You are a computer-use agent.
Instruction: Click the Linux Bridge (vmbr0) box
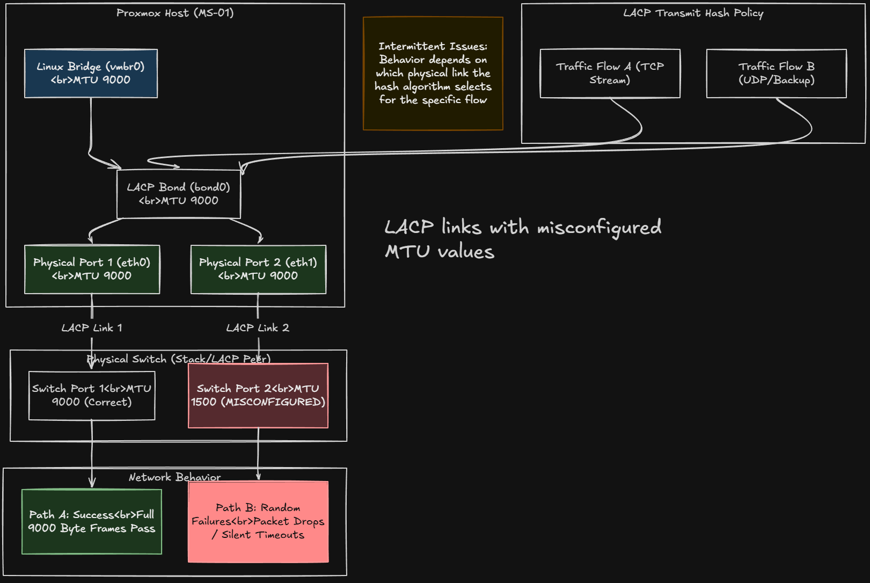point(91,74)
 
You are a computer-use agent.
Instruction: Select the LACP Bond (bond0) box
point(178,194)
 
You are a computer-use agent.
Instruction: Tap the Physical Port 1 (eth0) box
point(92,269)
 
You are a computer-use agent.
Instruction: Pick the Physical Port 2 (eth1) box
point(258,269)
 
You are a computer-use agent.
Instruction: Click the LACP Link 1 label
point(92,328)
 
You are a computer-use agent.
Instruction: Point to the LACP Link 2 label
point(258,328)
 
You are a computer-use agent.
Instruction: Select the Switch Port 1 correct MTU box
point(92,396)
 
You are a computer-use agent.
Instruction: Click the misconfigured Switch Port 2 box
point(258,396)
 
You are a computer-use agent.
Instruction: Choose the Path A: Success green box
point(92,521)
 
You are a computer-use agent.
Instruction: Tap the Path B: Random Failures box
point(258,521)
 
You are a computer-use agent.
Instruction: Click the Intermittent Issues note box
point(433,74)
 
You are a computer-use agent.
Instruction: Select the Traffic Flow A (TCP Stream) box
point(610,74)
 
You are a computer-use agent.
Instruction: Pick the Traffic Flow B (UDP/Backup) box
point(776,74)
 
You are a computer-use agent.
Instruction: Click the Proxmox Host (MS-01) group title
point(175,13)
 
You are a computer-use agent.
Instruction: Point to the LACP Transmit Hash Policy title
point(693,13)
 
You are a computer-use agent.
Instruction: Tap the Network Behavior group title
point(174,477)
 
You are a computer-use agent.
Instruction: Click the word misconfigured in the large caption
point(599,228)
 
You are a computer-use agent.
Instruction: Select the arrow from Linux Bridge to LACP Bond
point(91,134)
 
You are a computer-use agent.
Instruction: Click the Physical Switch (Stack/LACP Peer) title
point(178,359)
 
